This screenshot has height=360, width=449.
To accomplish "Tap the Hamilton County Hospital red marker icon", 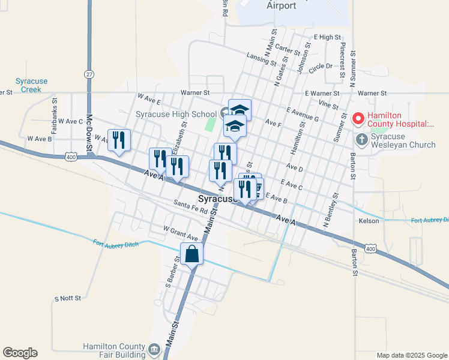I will point(359,118).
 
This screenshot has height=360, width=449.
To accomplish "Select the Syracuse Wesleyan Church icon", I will point(362,140).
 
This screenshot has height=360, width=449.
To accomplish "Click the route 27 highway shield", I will point(89,73).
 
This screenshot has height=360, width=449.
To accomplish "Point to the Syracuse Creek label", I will point(31,85).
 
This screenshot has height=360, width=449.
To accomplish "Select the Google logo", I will point(20,353).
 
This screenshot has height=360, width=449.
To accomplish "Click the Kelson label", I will point(369,221).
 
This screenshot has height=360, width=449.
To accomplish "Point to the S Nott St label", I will point(67,298).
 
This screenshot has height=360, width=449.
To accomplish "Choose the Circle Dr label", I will point(321,67).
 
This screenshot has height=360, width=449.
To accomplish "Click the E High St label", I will point(327,37).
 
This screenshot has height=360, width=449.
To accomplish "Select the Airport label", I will point(282,6).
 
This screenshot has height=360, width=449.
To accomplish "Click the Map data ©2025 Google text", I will point(412,355).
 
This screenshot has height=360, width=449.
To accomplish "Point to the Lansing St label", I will point(261,58).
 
